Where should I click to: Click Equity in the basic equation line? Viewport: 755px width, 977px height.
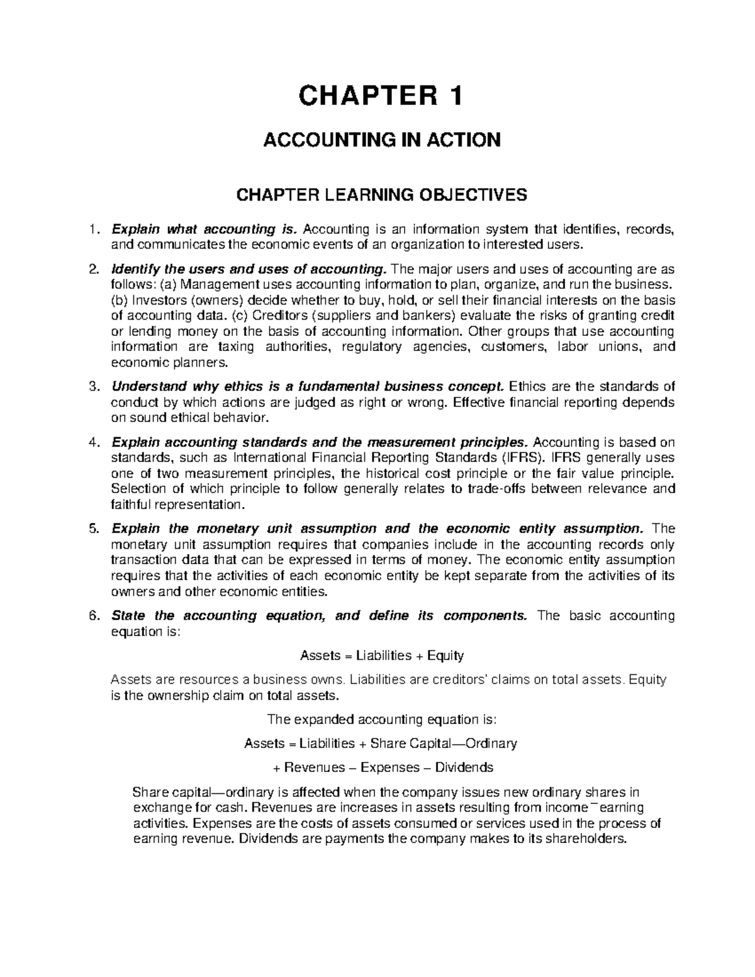[x=445, y=656]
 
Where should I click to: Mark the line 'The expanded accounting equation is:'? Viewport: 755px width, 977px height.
[x=381, y=719]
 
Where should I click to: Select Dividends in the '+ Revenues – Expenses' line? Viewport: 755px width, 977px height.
[x=465, y=768]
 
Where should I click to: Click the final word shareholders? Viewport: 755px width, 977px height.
[x=583, y=839]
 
